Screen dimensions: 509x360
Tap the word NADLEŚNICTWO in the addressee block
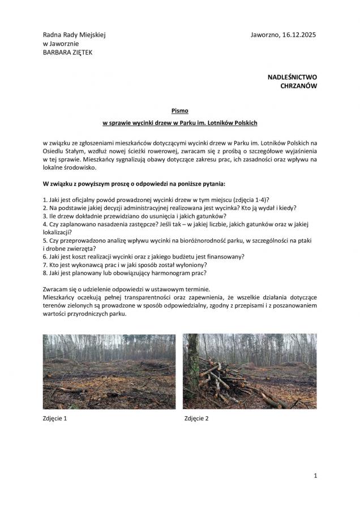pyautogui.click(x=292, y=76)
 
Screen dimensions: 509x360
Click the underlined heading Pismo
pyautogui.click(x=179, y=110)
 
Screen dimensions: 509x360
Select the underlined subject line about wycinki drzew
pyautogui.click(x=179, y=123)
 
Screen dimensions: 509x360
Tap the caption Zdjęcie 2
pyautogui.click(x=196, y=419)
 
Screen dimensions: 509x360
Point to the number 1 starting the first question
pyautogui.click(x=45, y=200)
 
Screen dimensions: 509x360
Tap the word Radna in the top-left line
pyautogui.click(x=52, y=35)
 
